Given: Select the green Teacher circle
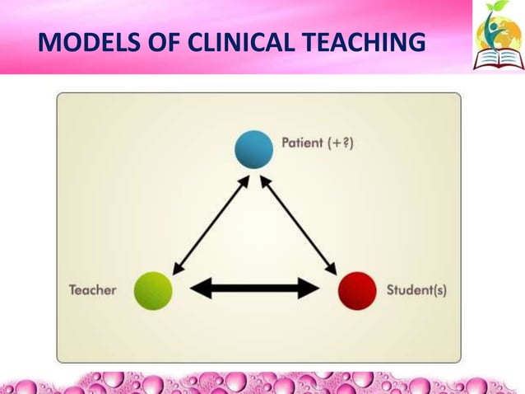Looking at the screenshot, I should click(152, 290).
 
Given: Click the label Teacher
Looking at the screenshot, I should click(92, 290).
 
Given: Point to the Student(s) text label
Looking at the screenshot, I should click(416, 291).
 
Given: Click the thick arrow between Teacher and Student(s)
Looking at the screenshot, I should click(254, 288).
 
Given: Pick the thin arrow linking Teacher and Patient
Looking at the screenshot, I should click(211, 223).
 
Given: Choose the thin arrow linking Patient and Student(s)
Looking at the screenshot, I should click(300, 223).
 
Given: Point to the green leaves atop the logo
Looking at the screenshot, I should click(493, 12).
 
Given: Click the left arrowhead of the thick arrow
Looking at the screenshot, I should click(199, 288).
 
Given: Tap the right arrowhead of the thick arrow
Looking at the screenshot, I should click(310, 288).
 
